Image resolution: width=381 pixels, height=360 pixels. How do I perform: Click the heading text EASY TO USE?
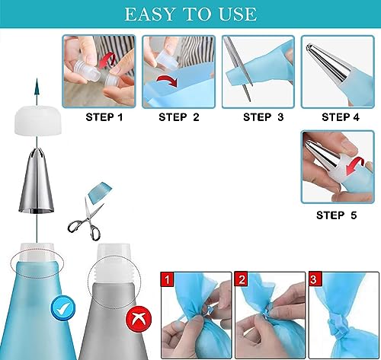190,14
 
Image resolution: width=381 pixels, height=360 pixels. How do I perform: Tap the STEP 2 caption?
178,117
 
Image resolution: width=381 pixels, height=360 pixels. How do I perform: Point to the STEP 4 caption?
341,117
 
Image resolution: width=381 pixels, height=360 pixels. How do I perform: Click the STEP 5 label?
336,215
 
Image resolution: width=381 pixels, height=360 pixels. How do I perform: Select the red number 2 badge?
241,279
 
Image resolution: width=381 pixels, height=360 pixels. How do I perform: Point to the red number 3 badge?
314,279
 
